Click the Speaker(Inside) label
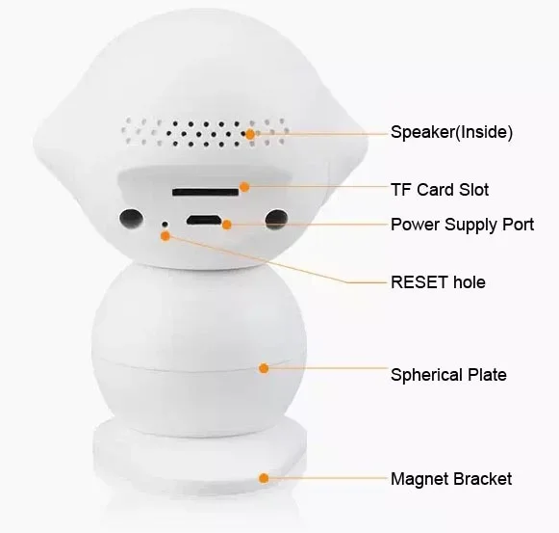coord(451,133)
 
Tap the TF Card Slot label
coord(440,190)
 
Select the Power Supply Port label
coord(462,225)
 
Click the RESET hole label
coord(438,282)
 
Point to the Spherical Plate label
coord(448,373)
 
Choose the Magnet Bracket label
coord(451,478)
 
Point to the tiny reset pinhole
coord(165,224)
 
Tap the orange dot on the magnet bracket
coord(264,478)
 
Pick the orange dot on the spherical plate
coord(264,367)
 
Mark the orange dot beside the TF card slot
coord(244,187)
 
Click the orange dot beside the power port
coord(227,225)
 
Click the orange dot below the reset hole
coord(165,235)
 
